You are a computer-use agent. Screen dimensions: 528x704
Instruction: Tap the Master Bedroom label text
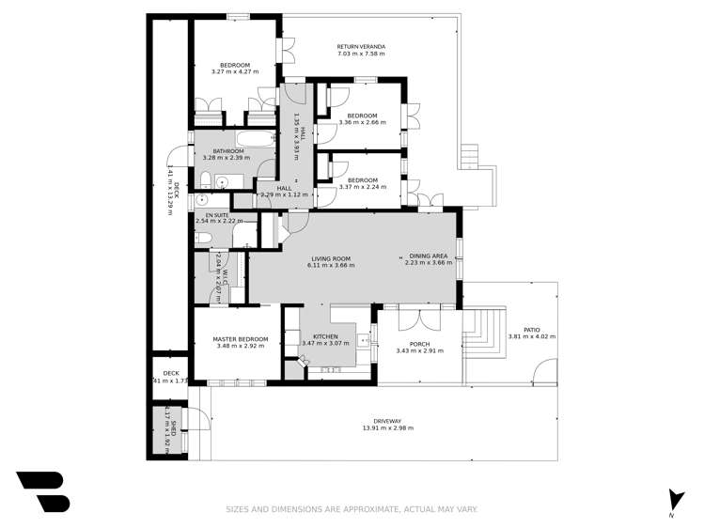(x=240, y=339)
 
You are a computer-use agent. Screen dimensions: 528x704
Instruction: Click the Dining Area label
(x=428, y=256)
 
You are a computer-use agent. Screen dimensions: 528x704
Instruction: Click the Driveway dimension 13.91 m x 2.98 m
(x=388, y=428)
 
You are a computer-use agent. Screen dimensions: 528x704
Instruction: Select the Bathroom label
(x=227, y=151)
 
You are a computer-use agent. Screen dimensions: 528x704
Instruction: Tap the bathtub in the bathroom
(x=255, y=141)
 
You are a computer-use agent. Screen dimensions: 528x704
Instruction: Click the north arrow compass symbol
(x=671, y=499)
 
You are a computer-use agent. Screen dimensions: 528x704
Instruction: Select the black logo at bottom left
(x=42, y=491)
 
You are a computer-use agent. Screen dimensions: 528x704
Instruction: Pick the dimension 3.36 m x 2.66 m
(x=362, y=121)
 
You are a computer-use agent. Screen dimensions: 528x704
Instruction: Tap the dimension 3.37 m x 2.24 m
(x=362, y=187)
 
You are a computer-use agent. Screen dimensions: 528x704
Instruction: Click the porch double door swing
(x=414, y=319)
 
